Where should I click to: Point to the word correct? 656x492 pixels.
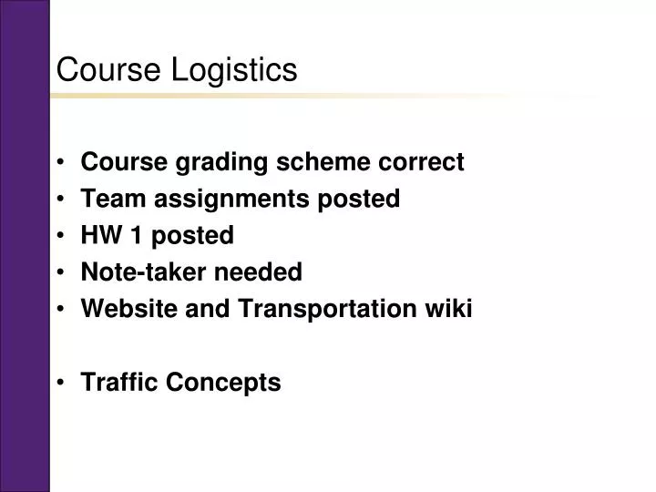pos(419,163)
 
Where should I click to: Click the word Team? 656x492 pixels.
pos(108,200)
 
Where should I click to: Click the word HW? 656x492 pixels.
pos(100,236)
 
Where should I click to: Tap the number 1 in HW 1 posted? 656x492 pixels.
pos(136,236)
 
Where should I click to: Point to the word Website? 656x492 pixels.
pos(124,309)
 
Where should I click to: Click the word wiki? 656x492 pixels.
pos(447,309)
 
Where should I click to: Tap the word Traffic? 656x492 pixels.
pos(119,383)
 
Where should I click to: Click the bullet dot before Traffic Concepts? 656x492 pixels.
pos(61,384)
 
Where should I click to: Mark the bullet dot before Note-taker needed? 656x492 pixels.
pos(61,273)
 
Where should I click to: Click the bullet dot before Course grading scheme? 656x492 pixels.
pos(61,164)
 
